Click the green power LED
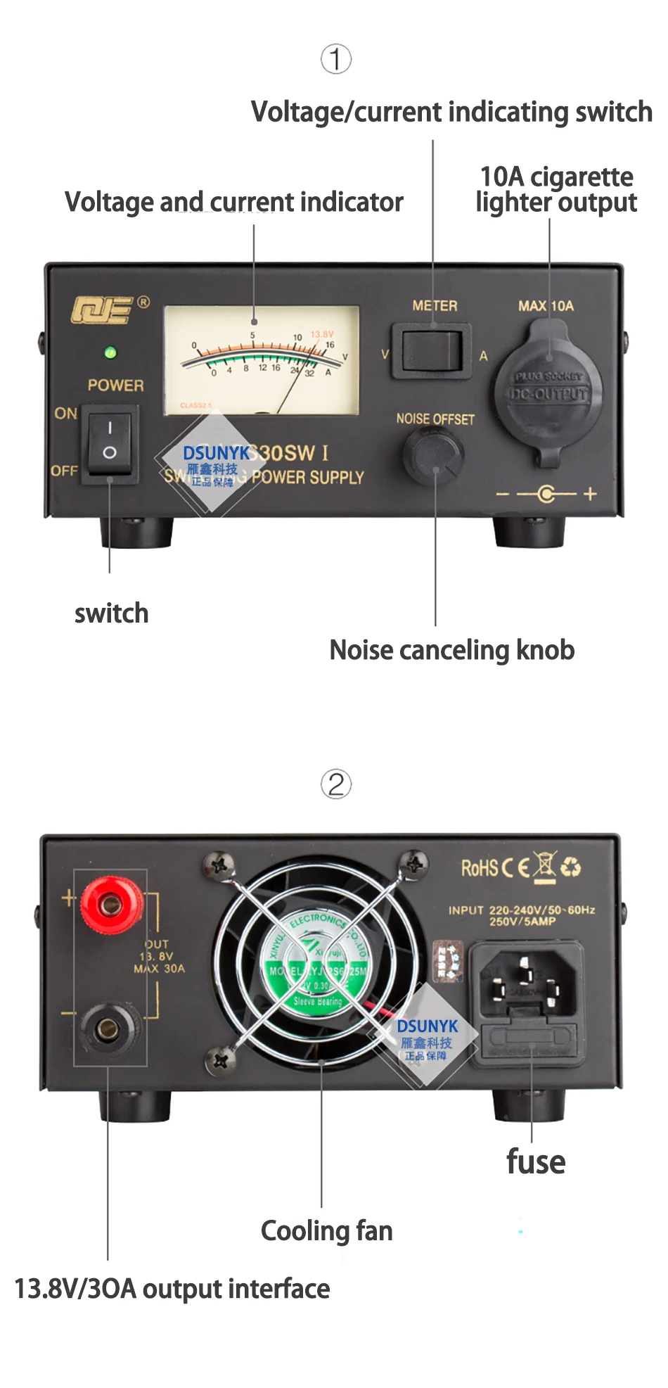[x=110, y=352]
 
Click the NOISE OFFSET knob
[x=433, y=454]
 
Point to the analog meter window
[x=262, y=359]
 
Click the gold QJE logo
[x=103, y=310]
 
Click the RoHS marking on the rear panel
[x=480, y=868]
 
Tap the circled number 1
[x=336, y=59]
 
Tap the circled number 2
[x=336, y=784]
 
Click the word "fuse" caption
[x=536, y=1162]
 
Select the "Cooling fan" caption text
[x=327, y=1231]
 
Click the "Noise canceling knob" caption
[x=452, y=650]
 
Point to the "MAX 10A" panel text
[x=546, y=306]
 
